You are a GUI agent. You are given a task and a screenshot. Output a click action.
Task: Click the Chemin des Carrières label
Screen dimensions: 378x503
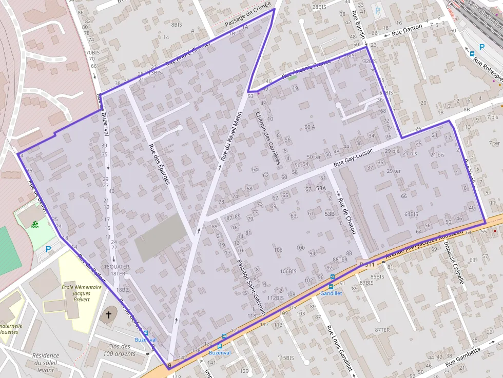(x=267, y=138)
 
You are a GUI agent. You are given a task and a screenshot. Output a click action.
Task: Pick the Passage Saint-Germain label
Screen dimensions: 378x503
(x=251, y=287)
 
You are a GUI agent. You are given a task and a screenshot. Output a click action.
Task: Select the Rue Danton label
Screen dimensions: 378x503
(x=407, y=30)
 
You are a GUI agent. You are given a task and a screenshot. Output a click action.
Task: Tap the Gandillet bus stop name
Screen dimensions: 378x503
(x=331, y=293)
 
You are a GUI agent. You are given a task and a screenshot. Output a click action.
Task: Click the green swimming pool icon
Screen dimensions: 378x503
(x=34, y=224)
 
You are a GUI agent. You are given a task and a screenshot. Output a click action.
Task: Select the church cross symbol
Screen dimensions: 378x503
(x=108, y=314)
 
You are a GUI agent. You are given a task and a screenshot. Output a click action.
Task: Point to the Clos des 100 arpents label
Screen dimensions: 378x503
(x=119, y=350)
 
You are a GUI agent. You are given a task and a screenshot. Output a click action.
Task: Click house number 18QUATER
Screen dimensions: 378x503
(x=117, y=267)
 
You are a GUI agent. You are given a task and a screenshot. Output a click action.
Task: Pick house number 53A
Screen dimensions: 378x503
(x=321, y=189)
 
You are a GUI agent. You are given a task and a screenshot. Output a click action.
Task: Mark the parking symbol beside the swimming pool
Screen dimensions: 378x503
(x=49, y=249)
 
